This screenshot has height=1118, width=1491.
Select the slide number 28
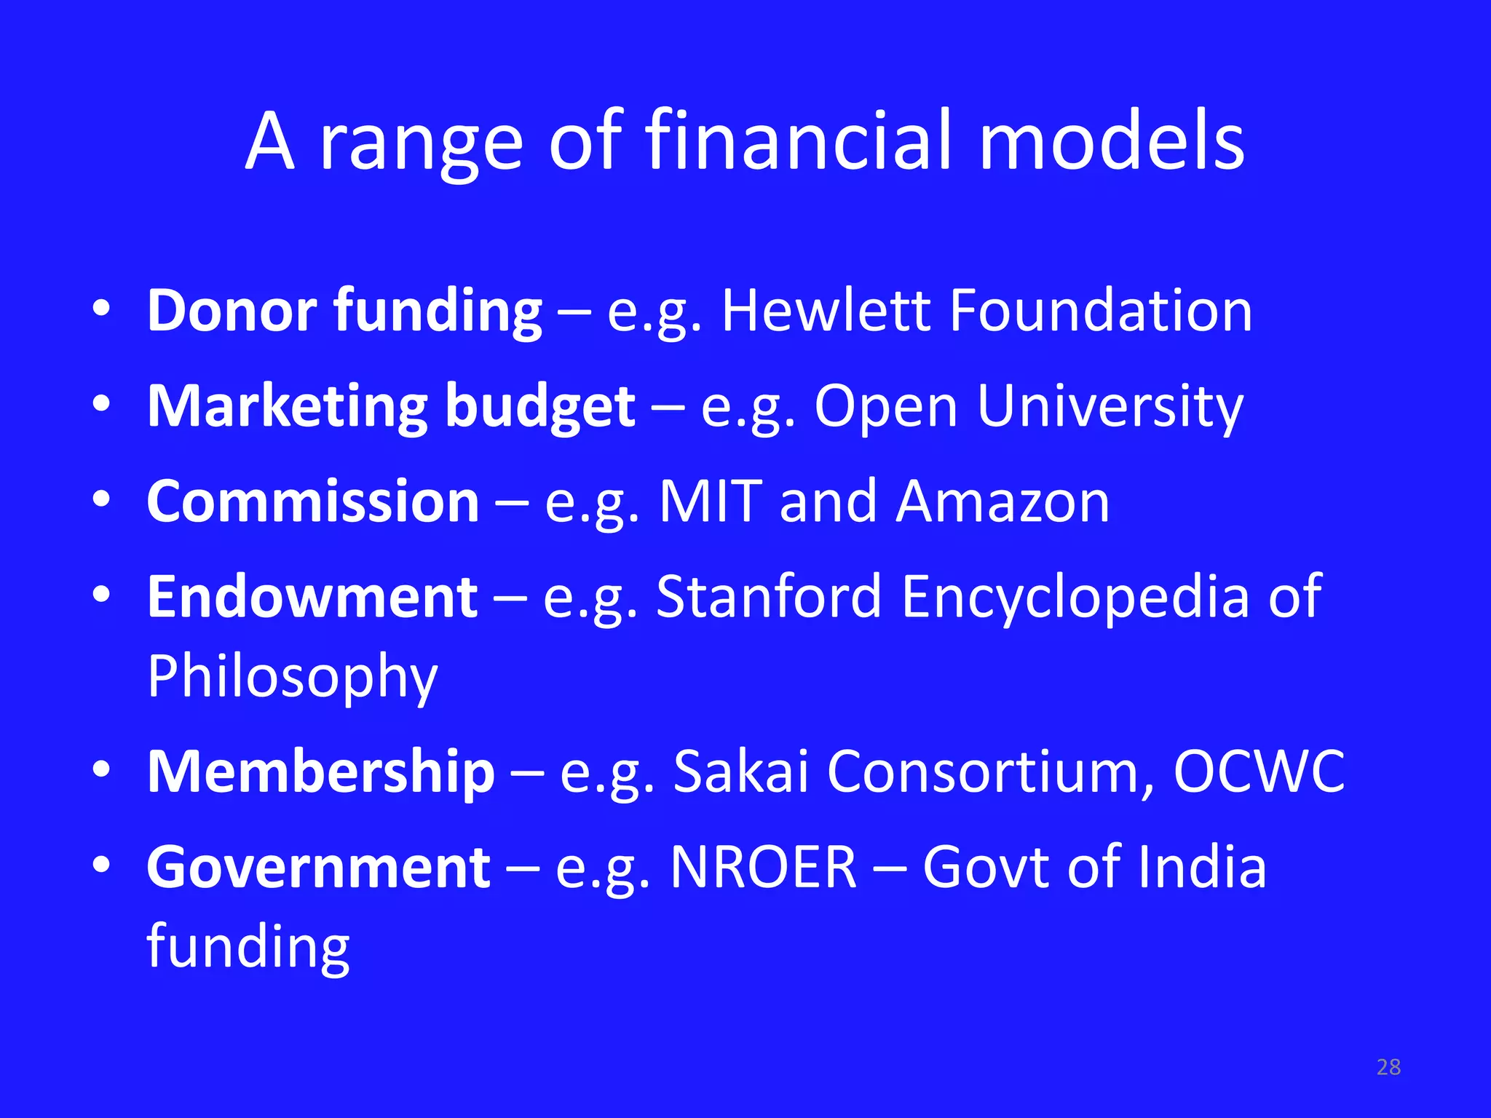1388,1067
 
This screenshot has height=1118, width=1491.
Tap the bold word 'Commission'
313,501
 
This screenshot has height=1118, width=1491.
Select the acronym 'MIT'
711,501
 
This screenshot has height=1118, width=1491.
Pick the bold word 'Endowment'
312,597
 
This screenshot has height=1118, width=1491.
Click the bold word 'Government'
318,867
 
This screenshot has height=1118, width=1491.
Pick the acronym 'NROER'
763,867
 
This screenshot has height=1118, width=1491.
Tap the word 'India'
1202,867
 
